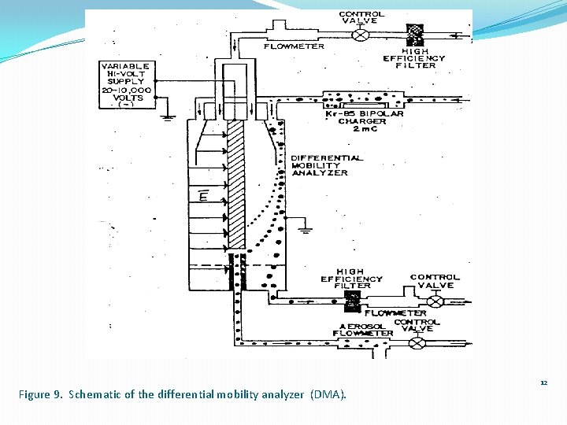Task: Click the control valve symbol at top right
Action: [x=361, y=35]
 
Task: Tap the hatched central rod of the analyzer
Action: [x=235, y=181]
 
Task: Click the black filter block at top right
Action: [x=414, y=34]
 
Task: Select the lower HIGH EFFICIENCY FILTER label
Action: [x=351, y=279]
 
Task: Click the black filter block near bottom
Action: [x=353, y=299]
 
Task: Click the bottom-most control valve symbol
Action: [x=418, y=342]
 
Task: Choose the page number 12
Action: [x=543, y=382]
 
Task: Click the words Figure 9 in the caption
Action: [x=40, y=394]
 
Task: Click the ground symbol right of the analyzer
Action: [x=305, y=230]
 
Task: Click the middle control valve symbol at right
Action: [x=434, y=299]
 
